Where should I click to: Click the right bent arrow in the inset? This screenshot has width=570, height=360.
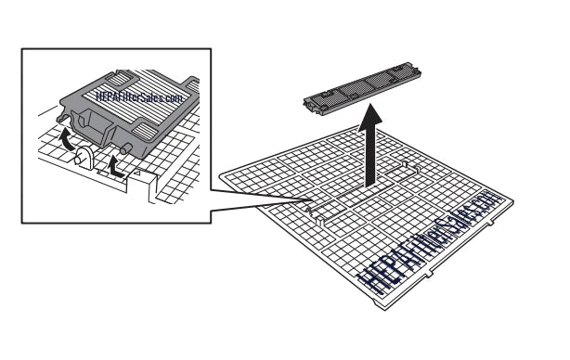coord(117,168)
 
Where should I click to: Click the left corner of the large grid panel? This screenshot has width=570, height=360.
coord(222,173)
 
